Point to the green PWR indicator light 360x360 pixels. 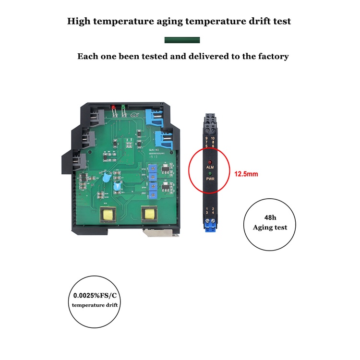[x=209, y=171]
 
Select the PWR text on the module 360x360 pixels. [x=209, y=178]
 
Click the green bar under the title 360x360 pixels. [x=182, y=40]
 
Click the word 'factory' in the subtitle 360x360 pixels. [x=272, y=56]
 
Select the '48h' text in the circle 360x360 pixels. [x=270, y=217]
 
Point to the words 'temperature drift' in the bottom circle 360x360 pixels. [x=95, y=305]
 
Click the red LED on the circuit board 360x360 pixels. [x=113, y=107]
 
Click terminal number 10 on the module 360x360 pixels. [x=213, y=138]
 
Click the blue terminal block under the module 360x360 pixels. [x=210, y=224]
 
